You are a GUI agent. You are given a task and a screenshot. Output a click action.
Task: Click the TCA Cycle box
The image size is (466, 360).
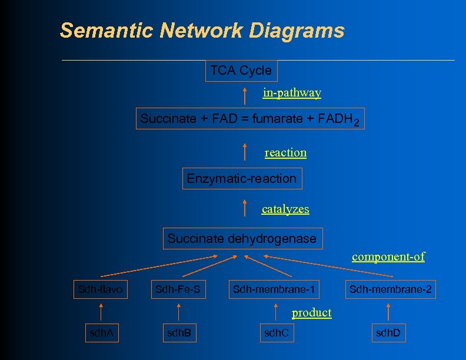241,71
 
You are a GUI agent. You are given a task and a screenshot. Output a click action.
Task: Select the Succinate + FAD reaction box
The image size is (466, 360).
249,119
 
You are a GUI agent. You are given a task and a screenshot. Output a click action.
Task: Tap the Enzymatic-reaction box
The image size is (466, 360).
242,178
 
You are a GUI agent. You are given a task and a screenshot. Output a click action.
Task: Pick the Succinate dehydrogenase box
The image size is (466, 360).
242,239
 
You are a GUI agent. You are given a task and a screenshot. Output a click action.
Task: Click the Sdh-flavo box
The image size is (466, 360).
101,289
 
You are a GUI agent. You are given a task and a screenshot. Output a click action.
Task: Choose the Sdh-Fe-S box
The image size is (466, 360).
178,289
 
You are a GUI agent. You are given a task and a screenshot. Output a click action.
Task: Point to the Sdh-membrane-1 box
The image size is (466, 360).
274,289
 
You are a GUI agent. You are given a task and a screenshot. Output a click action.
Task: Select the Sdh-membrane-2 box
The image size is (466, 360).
390,289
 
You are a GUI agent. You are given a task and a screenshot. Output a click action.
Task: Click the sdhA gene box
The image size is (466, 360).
101,334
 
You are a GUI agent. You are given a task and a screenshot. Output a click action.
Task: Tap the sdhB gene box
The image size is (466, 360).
179,334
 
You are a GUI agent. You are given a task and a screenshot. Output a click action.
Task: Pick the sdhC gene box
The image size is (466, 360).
277,334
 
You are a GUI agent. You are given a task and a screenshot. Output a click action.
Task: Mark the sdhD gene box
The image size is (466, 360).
388,334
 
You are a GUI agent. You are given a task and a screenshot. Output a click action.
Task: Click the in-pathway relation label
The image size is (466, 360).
292,93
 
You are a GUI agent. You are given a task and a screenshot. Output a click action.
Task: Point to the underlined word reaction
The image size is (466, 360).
285,153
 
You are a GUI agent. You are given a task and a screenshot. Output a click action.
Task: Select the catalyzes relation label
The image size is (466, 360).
285,209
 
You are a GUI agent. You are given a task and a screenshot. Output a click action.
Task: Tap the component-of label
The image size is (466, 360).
388,256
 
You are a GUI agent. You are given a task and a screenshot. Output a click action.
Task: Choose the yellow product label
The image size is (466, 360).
311,313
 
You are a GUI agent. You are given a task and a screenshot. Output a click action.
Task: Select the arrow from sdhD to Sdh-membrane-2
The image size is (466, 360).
388,312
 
